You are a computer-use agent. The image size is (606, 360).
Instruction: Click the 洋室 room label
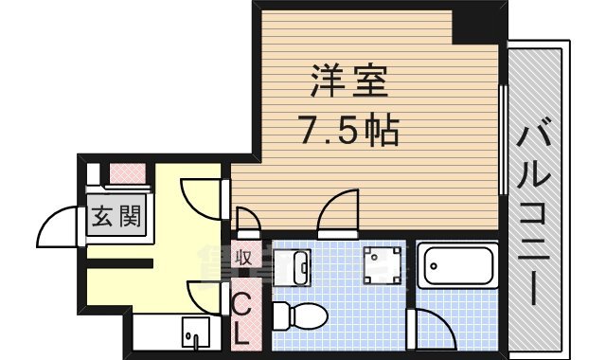point(348,83)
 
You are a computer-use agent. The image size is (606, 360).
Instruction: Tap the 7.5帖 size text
point(348,130)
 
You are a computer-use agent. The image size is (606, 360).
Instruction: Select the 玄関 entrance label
point(116,218)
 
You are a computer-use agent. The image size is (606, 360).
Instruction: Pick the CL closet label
point(242,316)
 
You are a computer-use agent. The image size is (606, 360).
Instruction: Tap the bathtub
point(457,265)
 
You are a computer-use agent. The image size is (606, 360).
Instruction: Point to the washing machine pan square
point(385,264)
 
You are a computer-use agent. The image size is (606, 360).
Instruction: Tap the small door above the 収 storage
point(248,224)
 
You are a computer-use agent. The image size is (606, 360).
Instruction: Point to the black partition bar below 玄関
point(119,262)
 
